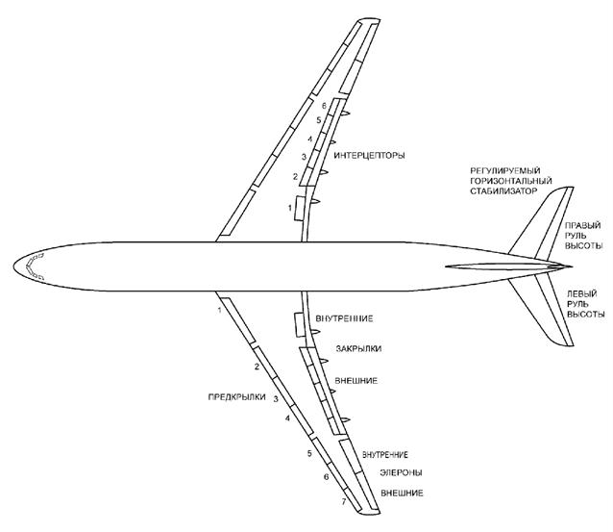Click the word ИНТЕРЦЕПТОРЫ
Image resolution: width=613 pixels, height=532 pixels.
370,156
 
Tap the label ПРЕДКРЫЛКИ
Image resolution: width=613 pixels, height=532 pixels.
236,397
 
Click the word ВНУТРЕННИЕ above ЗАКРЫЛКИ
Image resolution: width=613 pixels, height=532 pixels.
343,318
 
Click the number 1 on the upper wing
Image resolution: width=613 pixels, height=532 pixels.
289,208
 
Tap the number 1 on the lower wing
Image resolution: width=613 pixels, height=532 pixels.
220,310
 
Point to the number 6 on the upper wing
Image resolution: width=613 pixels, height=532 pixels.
324,104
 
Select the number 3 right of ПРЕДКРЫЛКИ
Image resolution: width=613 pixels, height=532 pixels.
276,397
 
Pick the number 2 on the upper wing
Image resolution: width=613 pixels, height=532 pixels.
295,176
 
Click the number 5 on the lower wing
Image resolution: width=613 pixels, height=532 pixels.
309,452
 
